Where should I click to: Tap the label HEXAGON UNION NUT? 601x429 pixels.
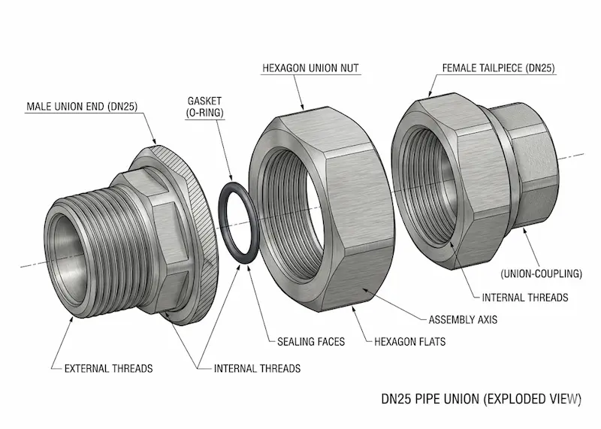(x=310, y=68)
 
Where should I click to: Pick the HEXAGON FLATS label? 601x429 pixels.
(x=409, y=342)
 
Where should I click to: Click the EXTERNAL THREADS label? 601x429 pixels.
(x=108, y=368)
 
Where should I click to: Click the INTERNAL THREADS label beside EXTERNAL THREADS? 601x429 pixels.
(x=257, y=368)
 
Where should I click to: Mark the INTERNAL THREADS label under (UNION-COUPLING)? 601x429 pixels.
(x=525, y=298)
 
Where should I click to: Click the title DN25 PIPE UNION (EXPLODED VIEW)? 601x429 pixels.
(x=481, y=398)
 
